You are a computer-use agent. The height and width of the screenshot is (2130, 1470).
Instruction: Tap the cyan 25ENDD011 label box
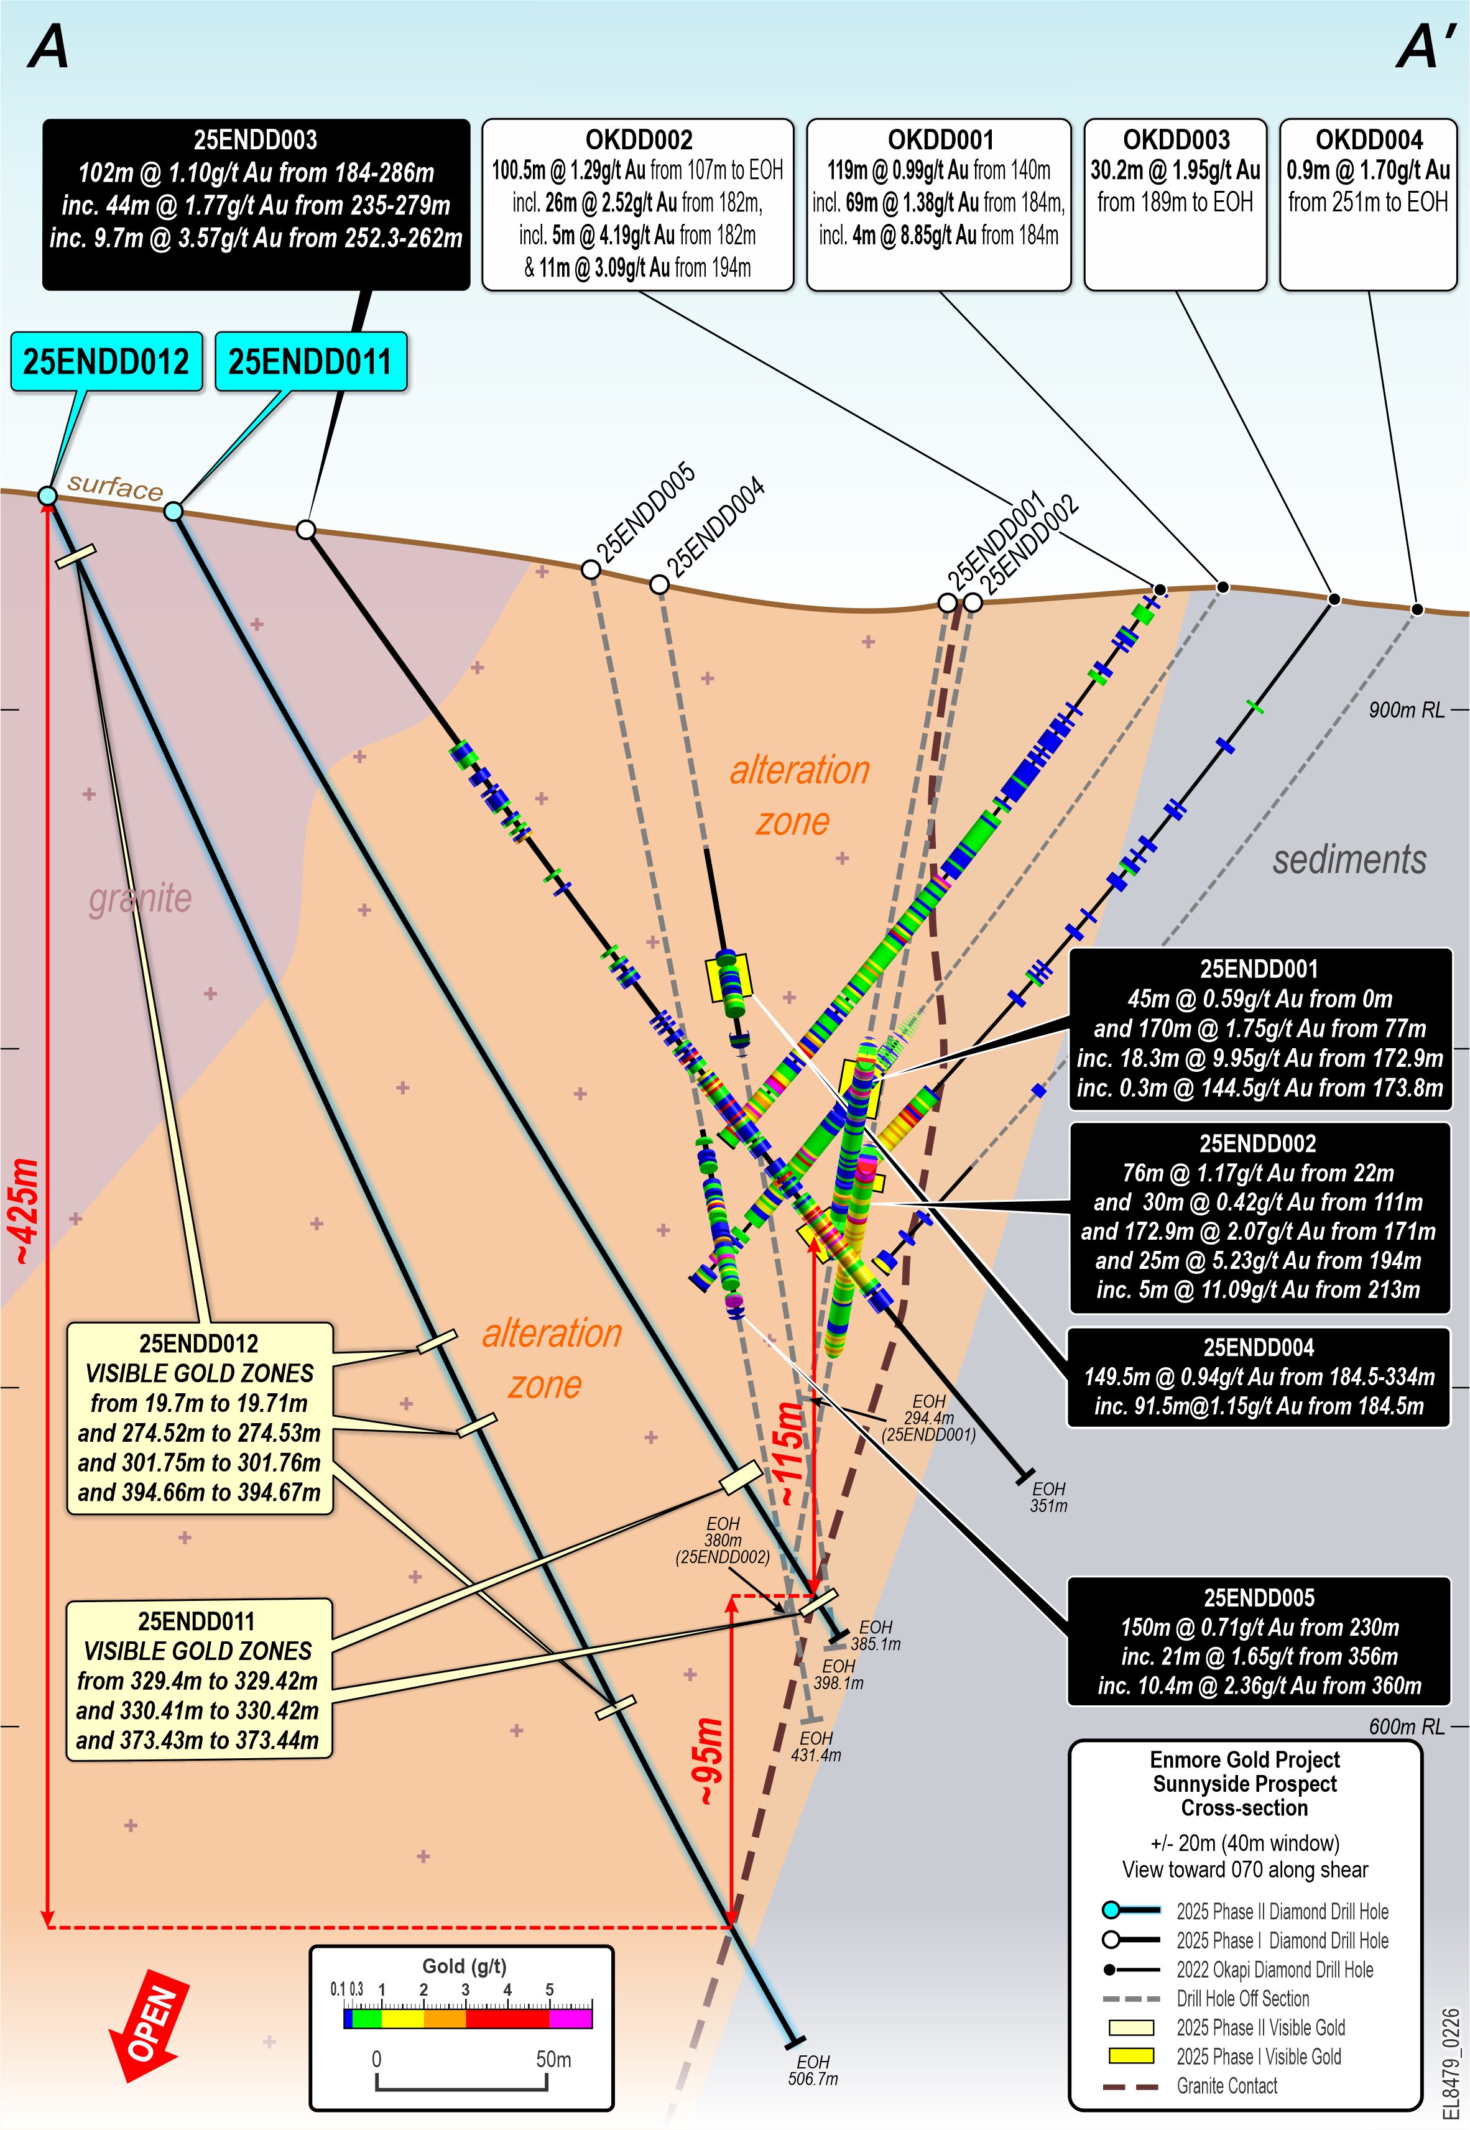coord(310,362)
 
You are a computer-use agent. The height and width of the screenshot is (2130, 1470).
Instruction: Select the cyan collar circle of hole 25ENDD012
coord(47,496)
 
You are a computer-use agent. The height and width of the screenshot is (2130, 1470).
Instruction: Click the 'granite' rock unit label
coord(140,898)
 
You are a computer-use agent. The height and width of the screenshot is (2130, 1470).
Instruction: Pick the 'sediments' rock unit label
coord(1349,859)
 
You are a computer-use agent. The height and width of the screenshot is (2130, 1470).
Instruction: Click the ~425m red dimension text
coord(25,1211)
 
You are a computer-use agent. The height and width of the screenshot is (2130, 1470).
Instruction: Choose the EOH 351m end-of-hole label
coord(1048,1497)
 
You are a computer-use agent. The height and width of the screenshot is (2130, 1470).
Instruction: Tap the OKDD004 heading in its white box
coord(1369,140)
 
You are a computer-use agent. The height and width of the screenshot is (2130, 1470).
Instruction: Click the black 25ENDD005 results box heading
coord(1258,1598)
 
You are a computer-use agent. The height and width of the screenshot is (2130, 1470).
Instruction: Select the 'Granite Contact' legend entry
coord(1226,2086)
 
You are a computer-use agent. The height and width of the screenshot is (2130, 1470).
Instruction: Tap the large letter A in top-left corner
coord(49,48)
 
